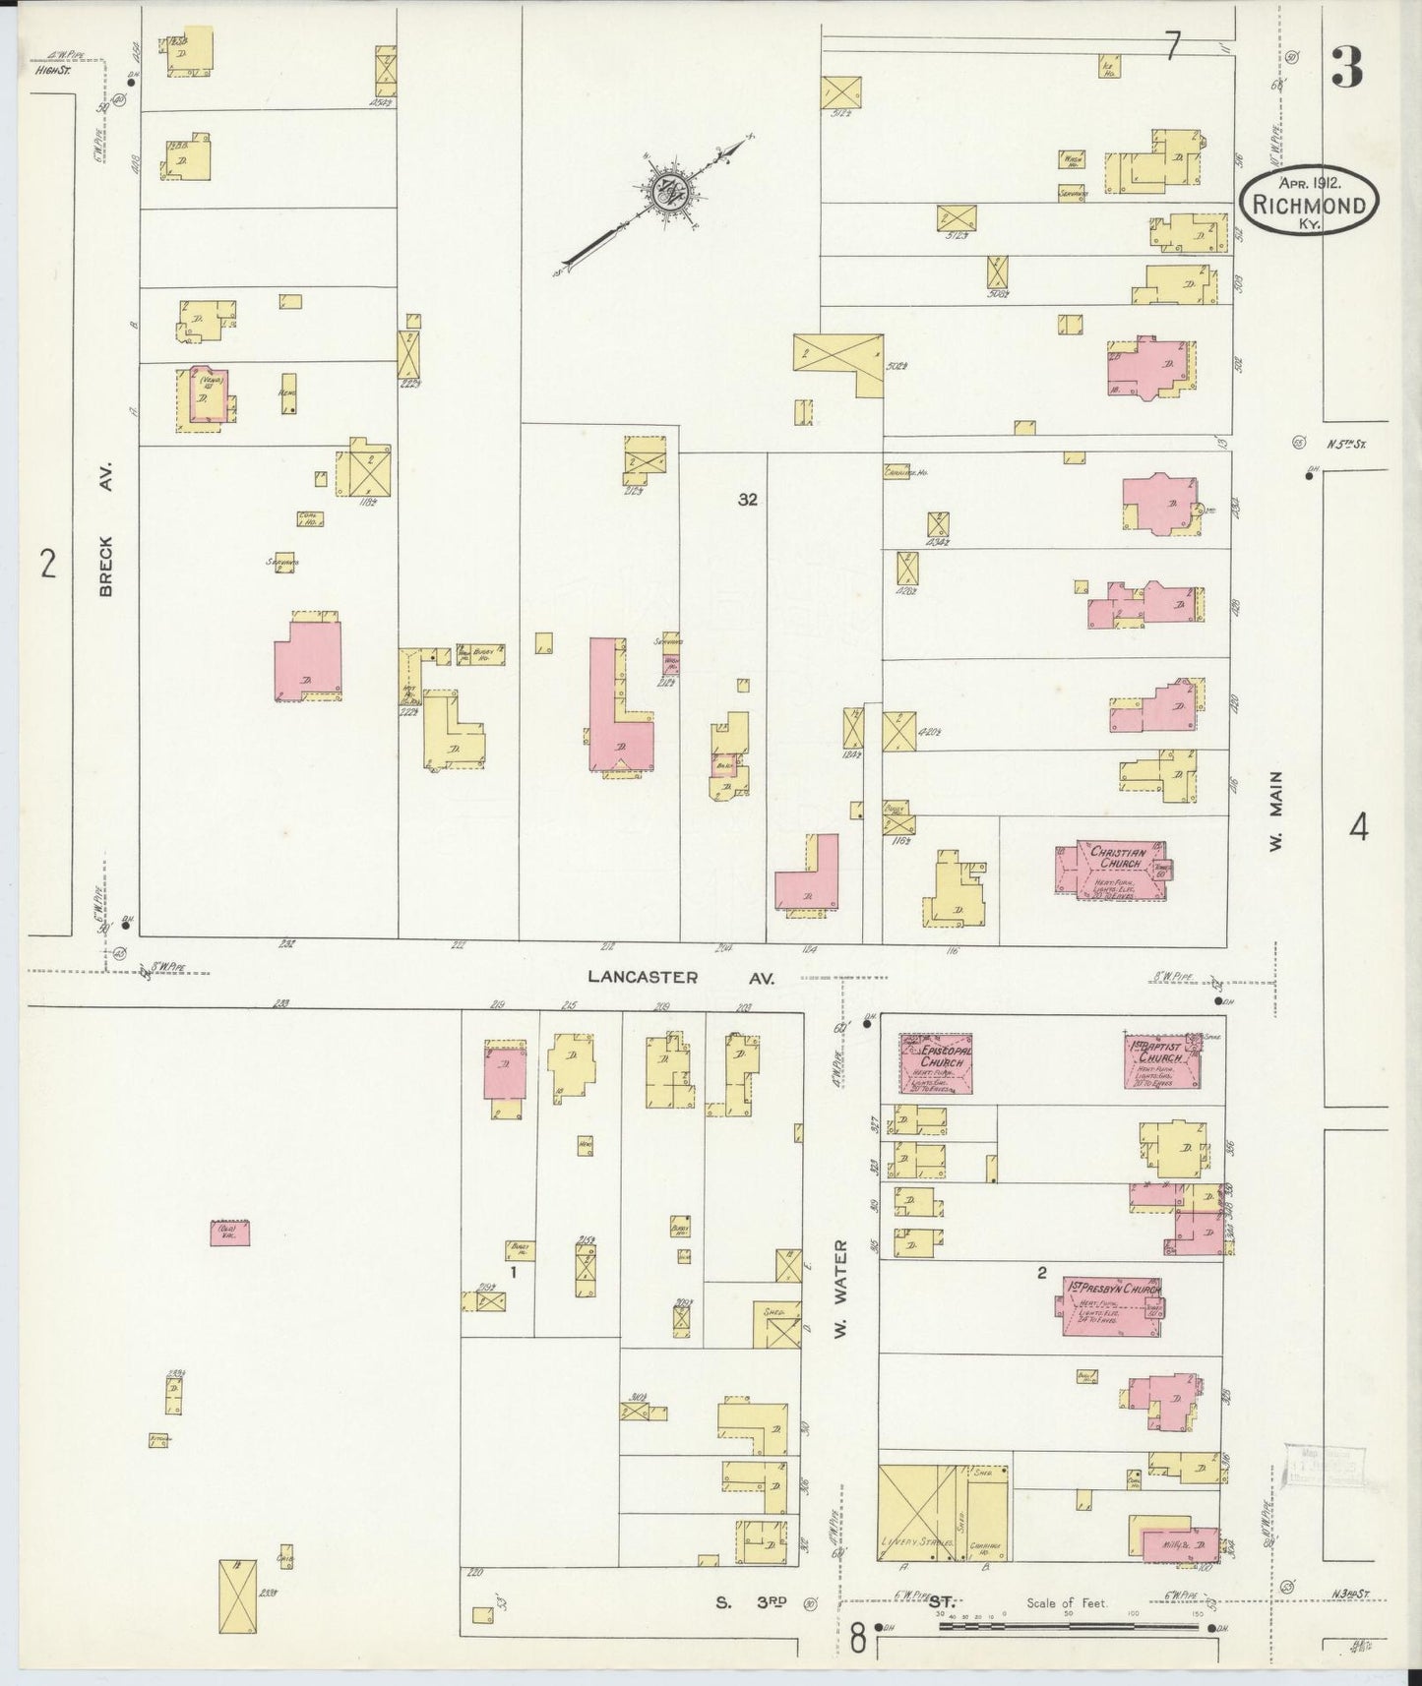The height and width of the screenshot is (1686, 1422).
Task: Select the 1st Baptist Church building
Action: coord(1163,1060)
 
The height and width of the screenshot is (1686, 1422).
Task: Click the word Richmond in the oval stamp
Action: coord(1308,206)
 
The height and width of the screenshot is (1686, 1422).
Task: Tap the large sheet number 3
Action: coord(1347,68)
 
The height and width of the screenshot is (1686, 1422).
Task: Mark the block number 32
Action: coord(748,500)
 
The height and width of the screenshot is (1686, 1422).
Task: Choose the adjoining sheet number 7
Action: coord(1171,46)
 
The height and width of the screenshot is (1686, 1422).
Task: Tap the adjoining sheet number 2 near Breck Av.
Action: coord(46,565)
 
